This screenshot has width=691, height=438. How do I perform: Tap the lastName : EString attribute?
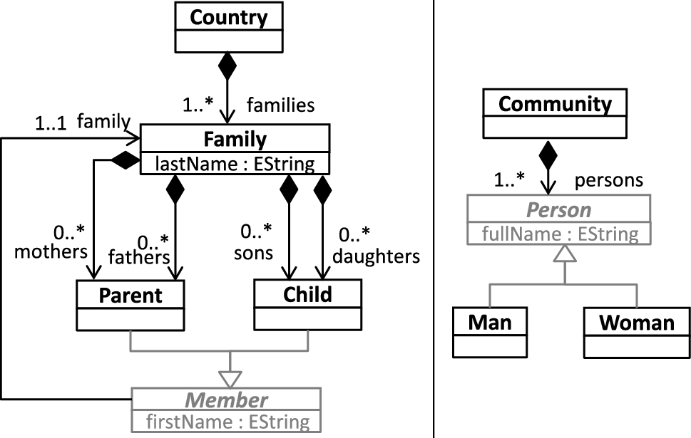(x=235, y=164)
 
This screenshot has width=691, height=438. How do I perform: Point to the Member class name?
(x=226, y=400)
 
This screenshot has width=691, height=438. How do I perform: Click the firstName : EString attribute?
(x=226, y=421)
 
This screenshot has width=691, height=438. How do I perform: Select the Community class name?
(x=555, y=104)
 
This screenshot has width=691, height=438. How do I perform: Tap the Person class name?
(x=558, y=211)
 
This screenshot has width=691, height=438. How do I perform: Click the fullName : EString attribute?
(x=558, y=233)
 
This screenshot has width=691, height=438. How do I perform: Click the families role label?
(x=280, y=105)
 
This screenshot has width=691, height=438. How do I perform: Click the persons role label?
(x=609, y=179)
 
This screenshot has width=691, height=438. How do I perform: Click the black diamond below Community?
(x=548, y=153)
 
